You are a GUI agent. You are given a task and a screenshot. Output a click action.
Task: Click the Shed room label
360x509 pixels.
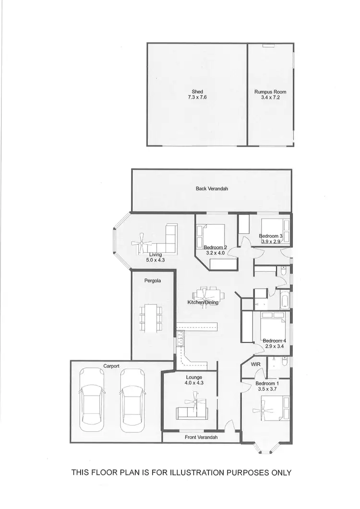click(197, 91)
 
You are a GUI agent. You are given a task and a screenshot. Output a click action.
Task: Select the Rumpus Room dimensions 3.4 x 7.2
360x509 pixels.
click(270, 97)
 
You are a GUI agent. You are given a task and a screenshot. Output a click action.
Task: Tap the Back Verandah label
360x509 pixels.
click(212, 189)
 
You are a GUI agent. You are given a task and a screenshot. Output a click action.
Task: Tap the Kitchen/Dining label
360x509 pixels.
click(203, 303)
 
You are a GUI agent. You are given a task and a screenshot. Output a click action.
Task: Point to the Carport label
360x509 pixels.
click(111, 366)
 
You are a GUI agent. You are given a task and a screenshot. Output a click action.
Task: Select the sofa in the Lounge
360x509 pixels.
click(192, 412)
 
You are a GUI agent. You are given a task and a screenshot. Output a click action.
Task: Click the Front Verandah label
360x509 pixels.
click(201, 437)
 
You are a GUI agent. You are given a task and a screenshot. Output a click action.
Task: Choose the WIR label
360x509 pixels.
click(256, 364)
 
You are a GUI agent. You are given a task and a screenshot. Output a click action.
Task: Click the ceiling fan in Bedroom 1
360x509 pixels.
click(265, 410)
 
